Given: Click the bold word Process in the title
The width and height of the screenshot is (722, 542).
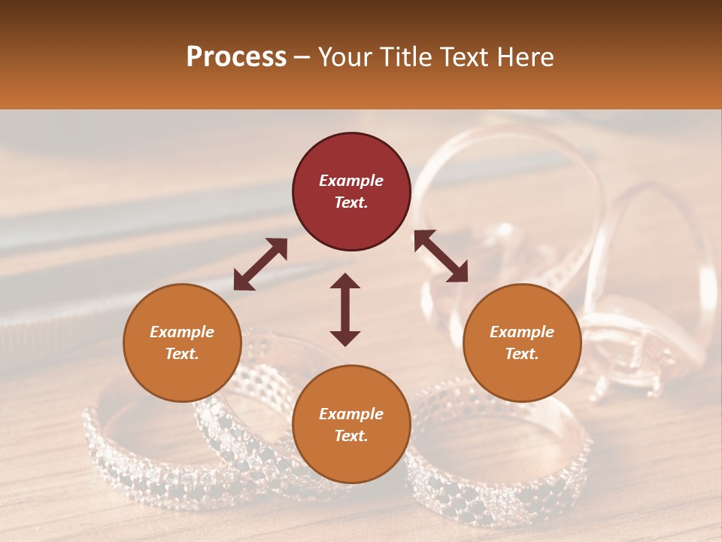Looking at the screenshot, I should click(236, 57).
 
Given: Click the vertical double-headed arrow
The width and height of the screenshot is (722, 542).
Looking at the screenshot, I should click(345, 309).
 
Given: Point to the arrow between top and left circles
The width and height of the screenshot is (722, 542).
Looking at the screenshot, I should click(260, 263).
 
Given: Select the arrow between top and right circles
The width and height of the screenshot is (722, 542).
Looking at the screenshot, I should click(441, 256).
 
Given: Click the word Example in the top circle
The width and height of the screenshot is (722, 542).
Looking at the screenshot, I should click(351, 181).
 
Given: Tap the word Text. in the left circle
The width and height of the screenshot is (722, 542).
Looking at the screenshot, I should click(182, 354).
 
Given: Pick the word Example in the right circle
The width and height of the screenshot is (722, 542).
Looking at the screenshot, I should click(522, 332).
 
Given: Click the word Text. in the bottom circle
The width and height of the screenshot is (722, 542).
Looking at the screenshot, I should click(351, 436).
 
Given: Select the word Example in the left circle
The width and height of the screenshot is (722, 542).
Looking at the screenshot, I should click(182, 332).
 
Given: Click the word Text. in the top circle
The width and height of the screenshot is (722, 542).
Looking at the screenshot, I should click(351, 202).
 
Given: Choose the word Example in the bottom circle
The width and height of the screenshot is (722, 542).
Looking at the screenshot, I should click(351, 414).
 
